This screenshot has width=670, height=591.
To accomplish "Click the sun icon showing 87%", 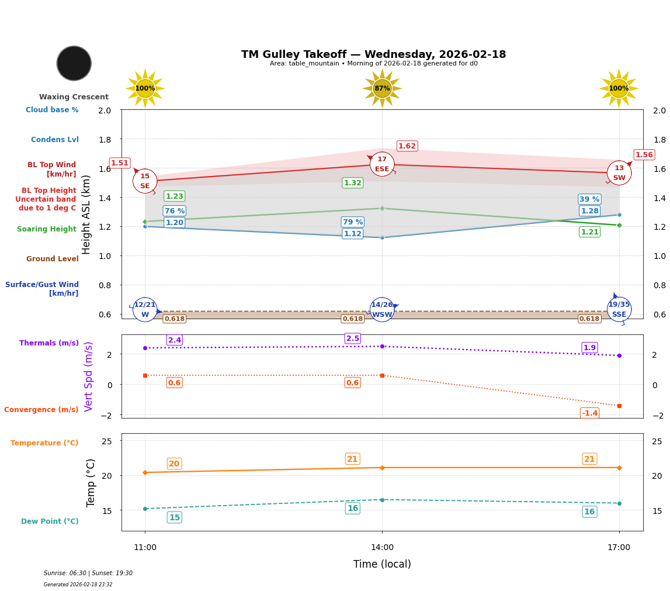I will tap(382, 88).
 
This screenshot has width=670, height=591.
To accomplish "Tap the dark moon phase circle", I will tap(74, 63).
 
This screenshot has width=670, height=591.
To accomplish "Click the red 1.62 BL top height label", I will tap(407, 146).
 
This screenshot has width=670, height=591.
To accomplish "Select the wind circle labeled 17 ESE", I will tap(382, 164).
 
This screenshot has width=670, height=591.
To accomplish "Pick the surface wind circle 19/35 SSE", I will tap(619, 309).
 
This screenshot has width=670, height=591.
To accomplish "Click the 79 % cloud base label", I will tap(353, 222).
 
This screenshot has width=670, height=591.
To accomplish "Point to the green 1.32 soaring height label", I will tap(353, 183).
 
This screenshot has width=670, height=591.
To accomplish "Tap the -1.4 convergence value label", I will tap(590, 413).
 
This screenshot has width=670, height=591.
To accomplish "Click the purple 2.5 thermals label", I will tap(353, 338).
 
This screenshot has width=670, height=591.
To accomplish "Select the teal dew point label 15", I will tap(175, 517).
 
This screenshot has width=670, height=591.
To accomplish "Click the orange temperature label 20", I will tap(174, 464).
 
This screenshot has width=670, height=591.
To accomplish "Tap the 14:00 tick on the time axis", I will tap(382, 548).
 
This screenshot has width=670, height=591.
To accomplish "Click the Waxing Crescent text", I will tap(74, 97).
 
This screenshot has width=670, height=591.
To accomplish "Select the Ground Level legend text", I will tap(53, 259).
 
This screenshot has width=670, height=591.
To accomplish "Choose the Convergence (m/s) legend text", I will tap(41, 410).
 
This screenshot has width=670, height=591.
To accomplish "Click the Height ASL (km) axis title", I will tap(86, 215).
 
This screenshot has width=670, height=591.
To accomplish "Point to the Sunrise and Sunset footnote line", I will tap(88, 573).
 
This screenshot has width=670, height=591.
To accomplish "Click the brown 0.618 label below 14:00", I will tap(353, 319).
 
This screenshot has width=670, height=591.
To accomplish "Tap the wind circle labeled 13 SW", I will tap(619, 172).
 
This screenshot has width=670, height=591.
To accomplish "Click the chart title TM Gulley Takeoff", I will tap(373, 54).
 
